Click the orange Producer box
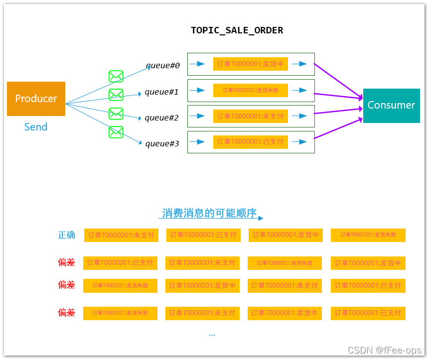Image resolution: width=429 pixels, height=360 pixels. [36, 99]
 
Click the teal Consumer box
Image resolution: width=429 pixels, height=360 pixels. [391, 105]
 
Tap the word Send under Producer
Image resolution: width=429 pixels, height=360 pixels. [36, 127]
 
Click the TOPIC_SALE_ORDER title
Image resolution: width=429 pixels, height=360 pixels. [237, 30]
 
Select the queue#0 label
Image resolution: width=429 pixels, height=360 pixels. [162, 66]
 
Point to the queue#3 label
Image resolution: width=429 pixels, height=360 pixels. [162, 144]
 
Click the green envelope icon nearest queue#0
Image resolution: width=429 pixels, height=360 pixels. [116, 76]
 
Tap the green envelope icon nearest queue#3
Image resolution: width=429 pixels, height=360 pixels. [116, 132]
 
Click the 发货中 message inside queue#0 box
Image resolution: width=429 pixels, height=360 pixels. [250, 64]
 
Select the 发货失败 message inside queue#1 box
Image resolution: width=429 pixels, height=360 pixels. [250, 90]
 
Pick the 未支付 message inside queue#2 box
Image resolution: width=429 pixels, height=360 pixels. [250, 116]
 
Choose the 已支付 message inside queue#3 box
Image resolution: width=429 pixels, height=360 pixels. [250, 142]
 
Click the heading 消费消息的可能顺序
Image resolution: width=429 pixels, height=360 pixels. [209, 213]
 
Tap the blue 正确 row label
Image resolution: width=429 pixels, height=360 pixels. [66, 235]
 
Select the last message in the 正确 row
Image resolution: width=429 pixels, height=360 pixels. [368, 235]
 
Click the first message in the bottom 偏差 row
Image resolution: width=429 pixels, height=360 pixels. [120, 313]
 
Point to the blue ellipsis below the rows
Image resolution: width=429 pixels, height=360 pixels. [212, 335]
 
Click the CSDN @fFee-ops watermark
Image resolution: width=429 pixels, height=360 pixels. [384, 351]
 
